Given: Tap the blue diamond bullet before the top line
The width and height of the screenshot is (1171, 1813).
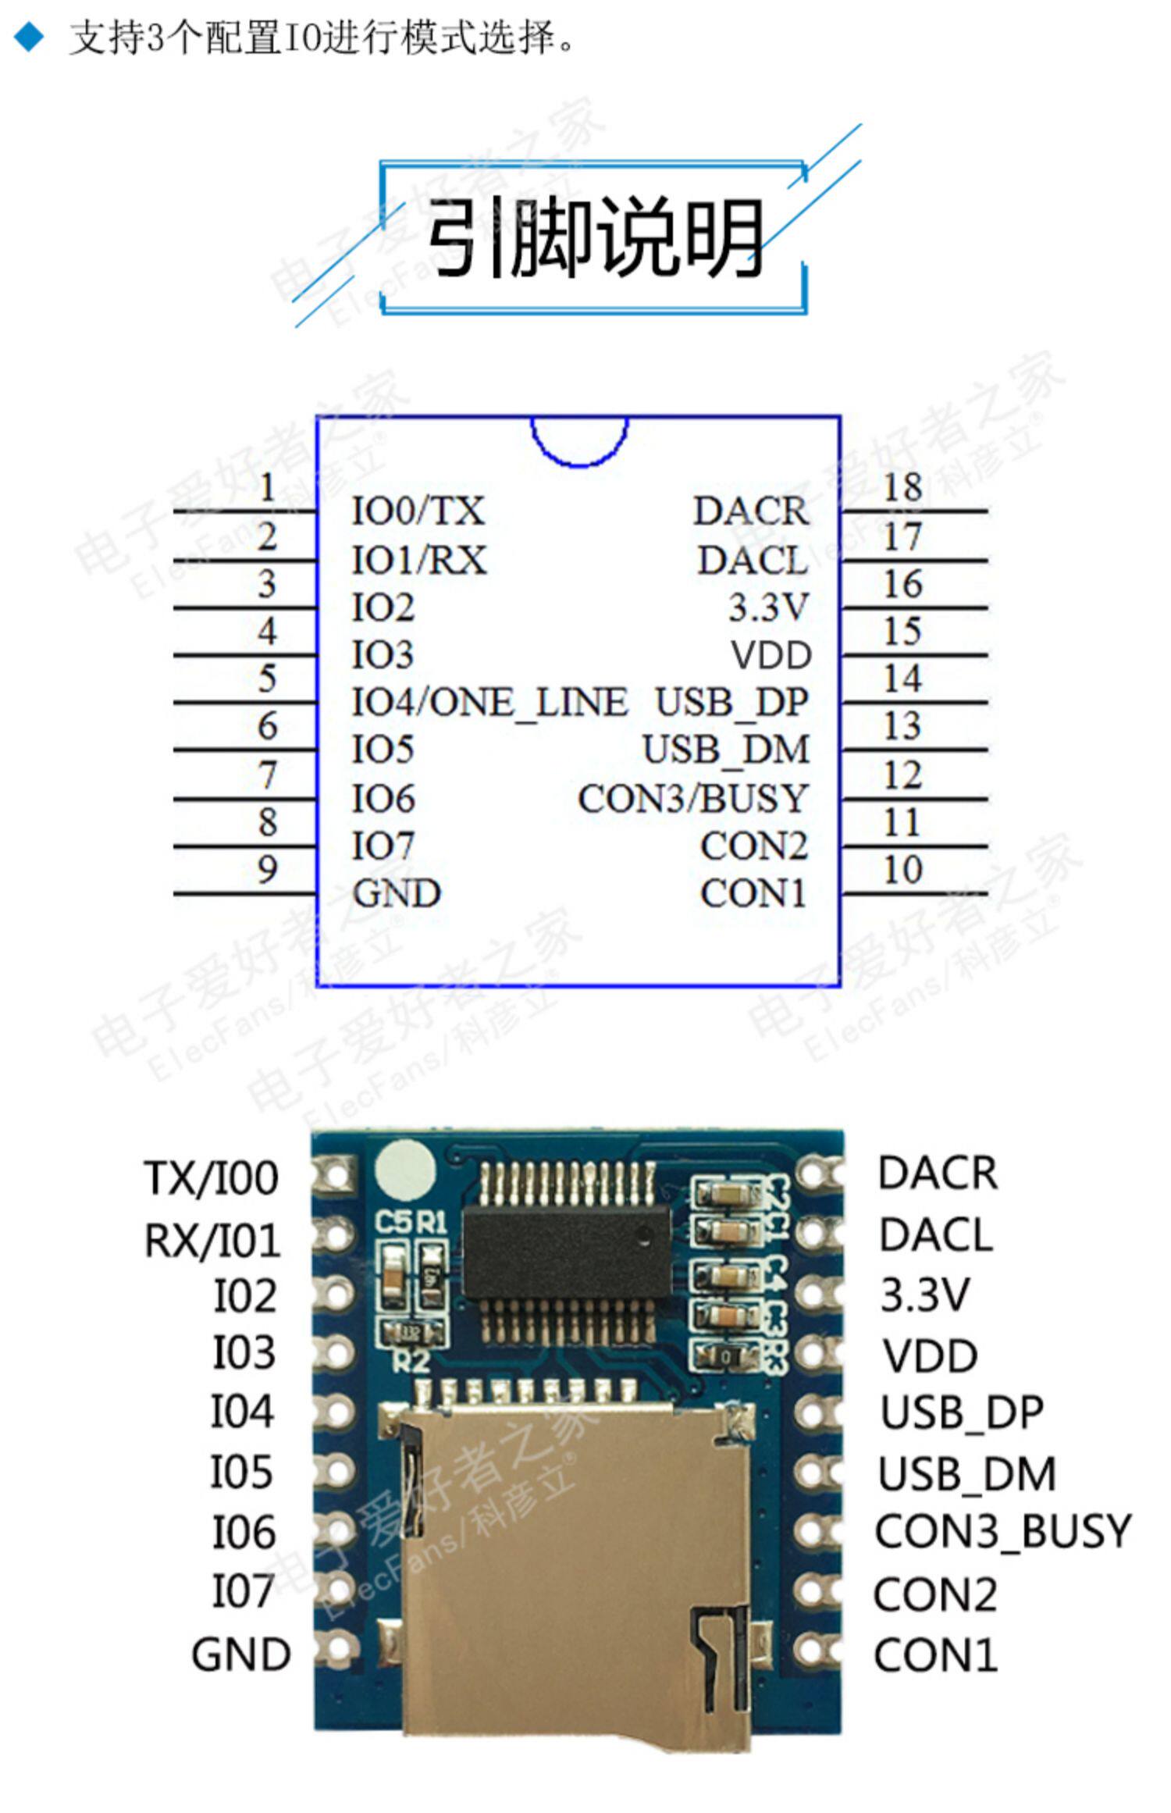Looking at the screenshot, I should coord(30,37).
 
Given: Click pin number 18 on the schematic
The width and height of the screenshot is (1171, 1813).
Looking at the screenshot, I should coord(902,487).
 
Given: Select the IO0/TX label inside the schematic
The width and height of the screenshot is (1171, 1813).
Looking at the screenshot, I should coord(418,511).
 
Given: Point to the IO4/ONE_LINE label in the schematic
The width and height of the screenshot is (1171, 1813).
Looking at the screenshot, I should coord(489,702).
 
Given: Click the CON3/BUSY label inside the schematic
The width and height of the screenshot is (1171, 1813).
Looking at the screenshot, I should coord(692,798).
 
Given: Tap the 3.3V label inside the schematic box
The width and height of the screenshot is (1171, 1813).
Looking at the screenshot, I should coord(769,607).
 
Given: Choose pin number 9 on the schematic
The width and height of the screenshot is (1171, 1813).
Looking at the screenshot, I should coord(267,869).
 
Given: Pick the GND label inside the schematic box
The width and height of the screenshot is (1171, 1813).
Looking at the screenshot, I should coord(397,893).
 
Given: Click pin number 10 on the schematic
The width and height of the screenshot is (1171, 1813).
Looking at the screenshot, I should coord(902,869).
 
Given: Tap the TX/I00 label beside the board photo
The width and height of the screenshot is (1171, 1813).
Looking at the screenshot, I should coord(211,1177).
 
